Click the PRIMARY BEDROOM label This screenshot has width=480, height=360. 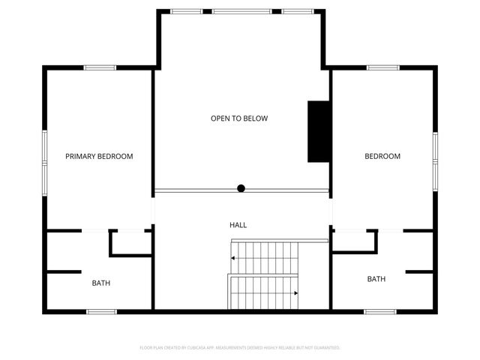point(99,157)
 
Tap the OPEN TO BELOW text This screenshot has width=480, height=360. point(239,118)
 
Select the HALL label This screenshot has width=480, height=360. point(238,225)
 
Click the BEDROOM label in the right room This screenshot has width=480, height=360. point(382,157)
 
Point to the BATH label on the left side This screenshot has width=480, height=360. point(101,283)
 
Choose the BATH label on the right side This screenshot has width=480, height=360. point(376,279)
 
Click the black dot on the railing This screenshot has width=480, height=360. point(241,188)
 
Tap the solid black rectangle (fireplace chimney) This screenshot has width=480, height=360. point(318,131)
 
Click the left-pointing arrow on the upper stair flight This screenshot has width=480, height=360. point(234,257)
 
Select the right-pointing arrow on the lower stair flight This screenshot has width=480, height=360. point(296,292)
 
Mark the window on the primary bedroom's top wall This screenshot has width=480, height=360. point(99,68)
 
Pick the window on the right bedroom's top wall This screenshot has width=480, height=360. point(382,68)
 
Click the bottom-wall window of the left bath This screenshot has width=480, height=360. point(101,311)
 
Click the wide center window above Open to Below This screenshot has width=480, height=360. point(241,11)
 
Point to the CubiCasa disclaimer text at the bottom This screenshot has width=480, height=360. point(240,348)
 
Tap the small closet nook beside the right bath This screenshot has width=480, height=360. point(353,239)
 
